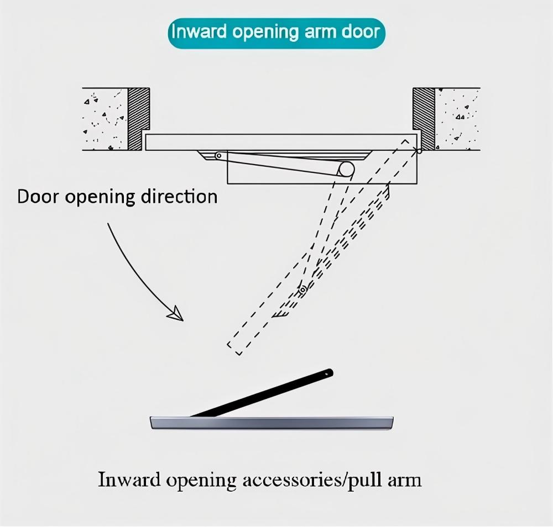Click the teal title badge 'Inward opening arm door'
pos(276,31)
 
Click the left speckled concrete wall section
pos(105,119)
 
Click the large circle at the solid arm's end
pos(347,169)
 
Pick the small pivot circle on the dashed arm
pos(302,289)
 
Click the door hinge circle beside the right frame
pos(420,150)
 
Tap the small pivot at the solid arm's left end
pos(218,156)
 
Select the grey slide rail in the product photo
pos(271,423)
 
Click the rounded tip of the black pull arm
pos(329,373)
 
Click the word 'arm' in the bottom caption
pos(404,479)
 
